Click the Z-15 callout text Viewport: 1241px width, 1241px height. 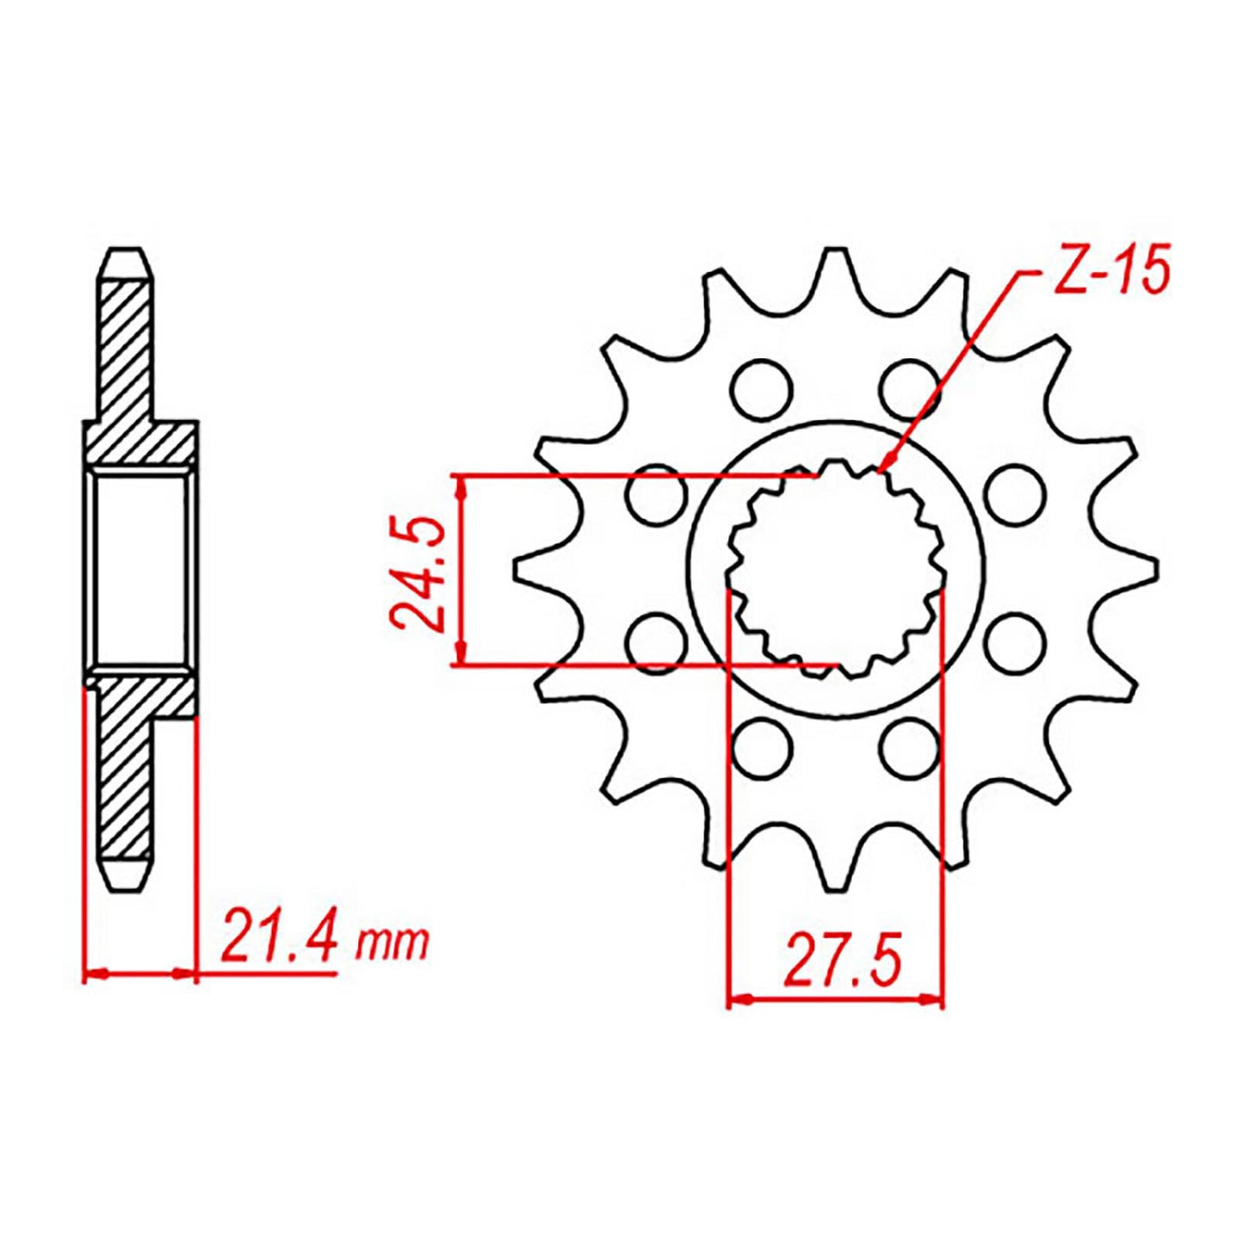pyautogui.click(x=1104, y=273)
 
